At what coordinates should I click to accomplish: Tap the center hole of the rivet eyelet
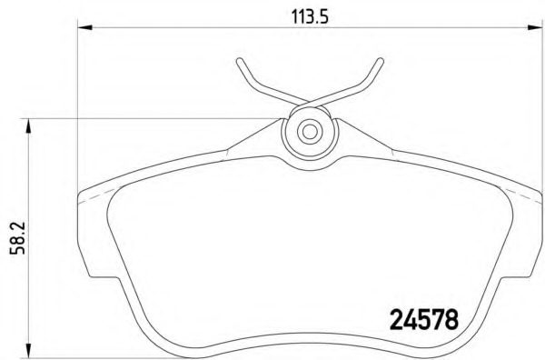coord(310,131)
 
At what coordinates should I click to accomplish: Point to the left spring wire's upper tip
coord(238,62)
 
